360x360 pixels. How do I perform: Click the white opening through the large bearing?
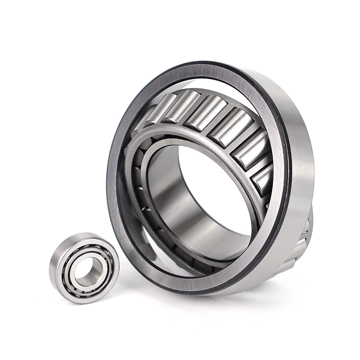click(x=216, y=187)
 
